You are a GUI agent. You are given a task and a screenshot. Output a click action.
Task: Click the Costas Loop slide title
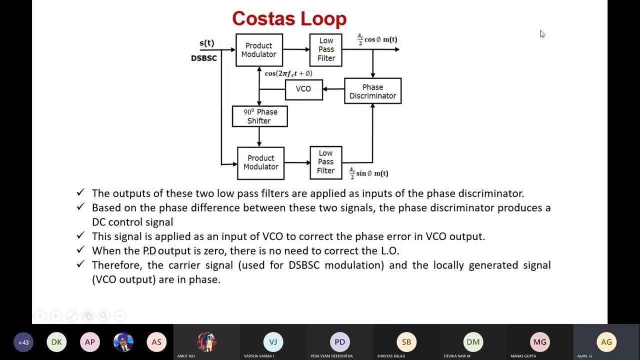[289, 19]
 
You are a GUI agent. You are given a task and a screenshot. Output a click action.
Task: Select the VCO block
[303, 89]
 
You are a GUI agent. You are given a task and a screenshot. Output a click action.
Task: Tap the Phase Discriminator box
[372, 91]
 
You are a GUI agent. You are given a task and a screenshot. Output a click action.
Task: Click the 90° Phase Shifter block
[259, 116]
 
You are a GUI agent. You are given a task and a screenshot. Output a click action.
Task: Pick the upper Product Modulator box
[259, 49]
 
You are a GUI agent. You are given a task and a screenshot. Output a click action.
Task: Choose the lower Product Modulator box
[260, 162]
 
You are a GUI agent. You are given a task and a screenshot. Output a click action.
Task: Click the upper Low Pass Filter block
[326, 49]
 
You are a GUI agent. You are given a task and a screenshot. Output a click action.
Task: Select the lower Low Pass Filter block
[325, 162]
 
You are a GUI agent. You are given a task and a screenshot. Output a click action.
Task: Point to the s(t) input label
[207, 43]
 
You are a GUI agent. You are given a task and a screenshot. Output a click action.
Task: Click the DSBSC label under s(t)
[204, 58]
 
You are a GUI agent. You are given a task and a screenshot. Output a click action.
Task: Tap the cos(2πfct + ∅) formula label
[288, 73]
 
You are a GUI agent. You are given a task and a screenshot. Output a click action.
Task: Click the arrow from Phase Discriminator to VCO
[333, 89]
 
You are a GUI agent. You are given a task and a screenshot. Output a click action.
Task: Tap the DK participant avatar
[56, 342]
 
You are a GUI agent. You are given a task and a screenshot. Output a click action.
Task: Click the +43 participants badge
[23, 342]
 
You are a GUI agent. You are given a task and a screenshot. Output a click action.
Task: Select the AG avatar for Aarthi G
[606, 342]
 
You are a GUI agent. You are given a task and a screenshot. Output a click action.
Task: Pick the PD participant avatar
[340, 342]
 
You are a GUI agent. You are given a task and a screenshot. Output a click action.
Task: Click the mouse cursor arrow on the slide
[542, 34]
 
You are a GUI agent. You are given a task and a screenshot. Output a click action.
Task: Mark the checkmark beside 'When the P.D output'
[80, 249]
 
